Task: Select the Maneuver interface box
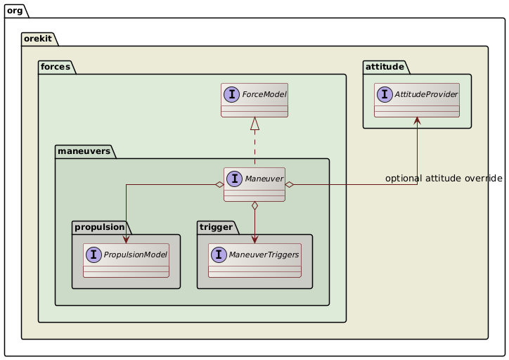tap(254, 184)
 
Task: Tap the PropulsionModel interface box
tap(126, 261)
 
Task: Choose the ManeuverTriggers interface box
tap(254, 261)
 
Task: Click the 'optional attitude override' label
tap(444, 179)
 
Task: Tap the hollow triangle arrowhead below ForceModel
tap(254, 124)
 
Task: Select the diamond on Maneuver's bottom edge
tap(254, 206)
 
